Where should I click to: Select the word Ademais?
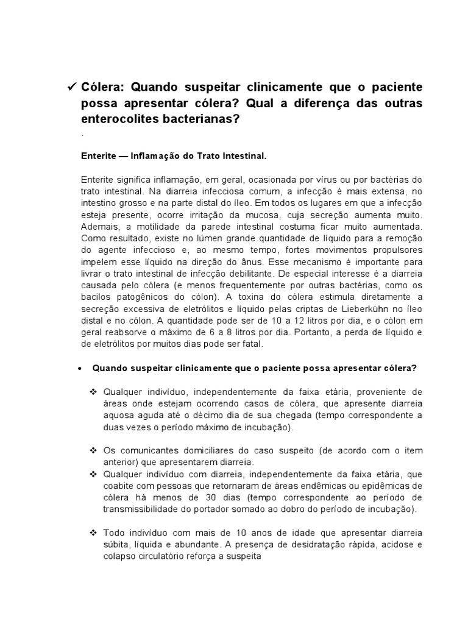coord(97,224)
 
